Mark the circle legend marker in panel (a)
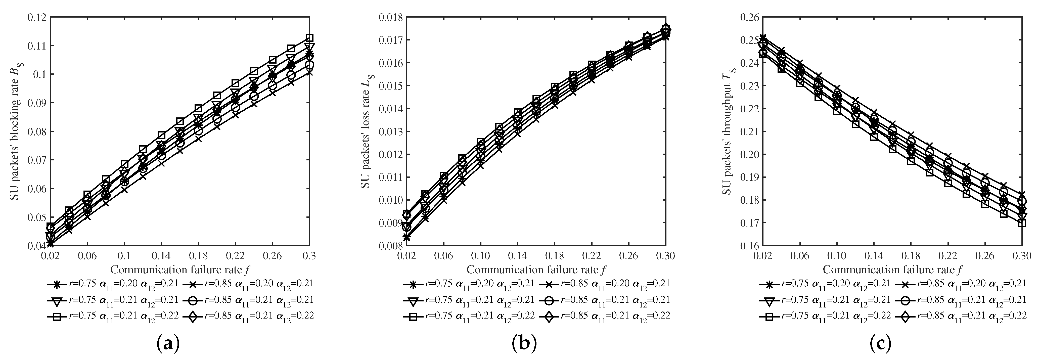(x=192, y=301)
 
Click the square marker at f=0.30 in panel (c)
(x=1021, y=223)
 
